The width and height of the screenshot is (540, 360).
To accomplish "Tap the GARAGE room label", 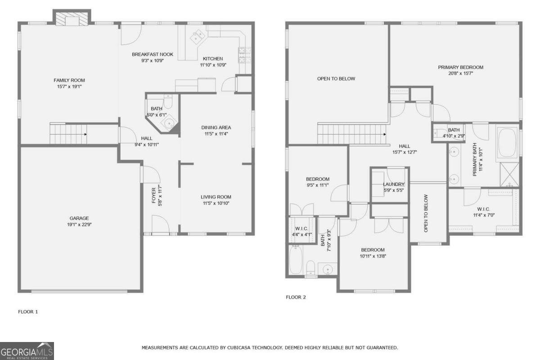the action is click(79, 218).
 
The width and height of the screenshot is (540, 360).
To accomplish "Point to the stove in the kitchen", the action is click(245, 55).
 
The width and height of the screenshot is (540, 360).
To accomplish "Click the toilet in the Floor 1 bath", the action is click(168, 101).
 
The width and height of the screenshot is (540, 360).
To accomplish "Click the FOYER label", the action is click(154, 195).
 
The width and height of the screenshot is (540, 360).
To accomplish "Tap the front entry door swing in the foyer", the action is click(161, 224).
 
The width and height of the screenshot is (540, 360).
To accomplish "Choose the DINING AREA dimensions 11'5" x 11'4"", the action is click(216, 134).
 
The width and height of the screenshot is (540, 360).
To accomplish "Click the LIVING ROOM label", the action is click(216, 197).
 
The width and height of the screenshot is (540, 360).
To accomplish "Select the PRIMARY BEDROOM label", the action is click(460, 67).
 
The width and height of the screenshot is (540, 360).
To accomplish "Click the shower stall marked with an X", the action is click(509, 175).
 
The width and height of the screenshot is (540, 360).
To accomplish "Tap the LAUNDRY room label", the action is click(394, 184).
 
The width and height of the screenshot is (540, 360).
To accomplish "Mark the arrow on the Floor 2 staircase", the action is click(385, 134).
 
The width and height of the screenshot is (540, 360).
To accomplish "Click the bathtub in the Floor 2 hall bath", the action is click(295, 260).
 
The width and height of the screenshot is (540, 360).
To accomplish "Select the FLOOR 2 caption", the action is click(296, 297).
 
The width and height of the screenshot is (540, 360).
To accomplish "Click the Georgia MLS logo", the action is click(27, 351).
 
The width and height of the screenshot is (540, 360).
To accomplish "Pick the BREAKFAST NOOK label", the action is click(153, 54).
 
